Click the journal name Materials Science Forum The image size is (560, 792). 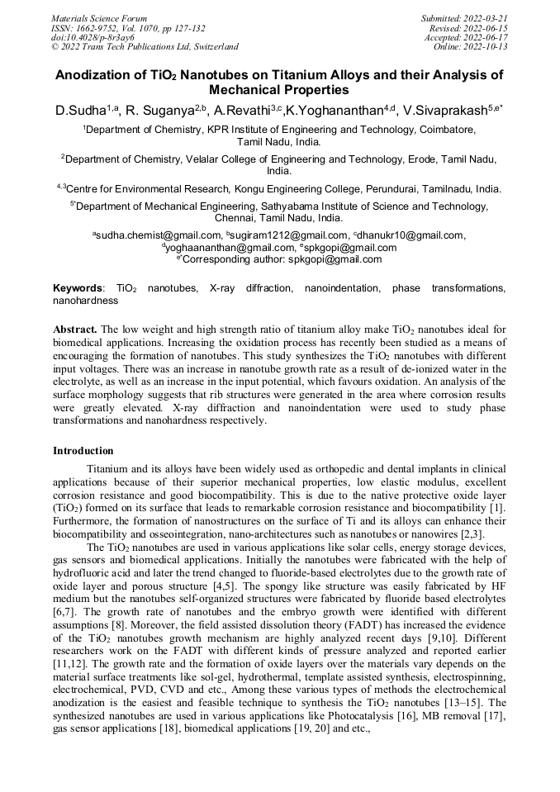[98, 18]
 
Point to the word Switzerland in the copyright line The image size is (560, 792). [214, 47]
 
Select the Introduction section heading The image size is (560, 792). [83, 451]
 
